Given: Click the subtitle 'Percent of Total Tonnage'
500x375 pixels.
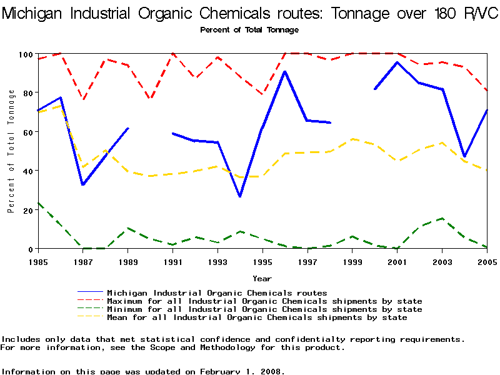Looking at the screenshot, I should (x=249, y=30).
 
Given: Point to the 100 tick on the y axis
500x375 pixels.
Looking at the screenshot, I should (x=24, y=54).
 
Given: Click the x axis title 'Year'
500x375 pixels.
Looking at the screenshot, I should (x=262, y=278).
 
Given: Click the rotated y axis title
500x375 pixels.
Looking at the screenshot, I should (x=11, y=151).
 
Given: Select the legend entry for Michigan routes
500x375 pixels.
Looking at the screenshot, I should (x=217, y=292).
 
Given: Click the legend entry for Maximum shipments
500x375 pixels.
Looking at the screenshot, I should (x=264, y=301).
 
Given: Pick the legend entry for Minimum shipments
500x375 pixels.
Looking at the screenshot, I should (x=264, y=309).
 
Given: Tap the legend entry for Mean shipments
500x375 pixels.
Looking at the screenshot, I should (x=257, y=317).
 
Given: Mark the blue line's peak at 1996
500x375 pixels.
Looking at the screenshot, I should (x=285, y=71).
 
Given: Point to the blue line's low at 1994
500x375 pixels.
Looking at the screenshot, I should (x=240, y=196).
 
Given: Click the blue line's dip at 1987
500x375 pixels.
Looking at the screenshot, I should (x=83, y=184).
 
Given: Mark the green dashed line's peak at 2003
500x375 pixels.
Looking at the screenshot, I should (x=442, y=219).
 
